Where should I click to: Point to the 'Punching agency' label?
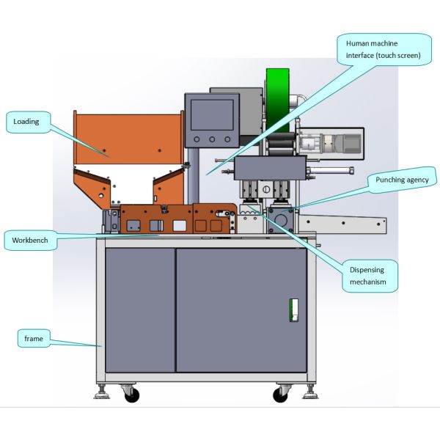tap(403, 179)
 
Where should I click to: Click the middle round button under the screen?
tap(212, 139)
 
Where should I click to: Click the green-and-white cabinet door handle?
tap(294, 309)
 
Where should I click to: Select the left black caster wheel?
tap(132, 396)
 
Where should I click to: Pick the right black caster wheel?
tap(280, 396)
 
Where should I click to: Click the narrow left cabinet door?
tap(140, 309)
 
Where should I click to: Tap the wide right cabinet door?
tap(241, 309)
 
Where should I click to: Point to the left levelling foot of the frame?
tap(102, 396)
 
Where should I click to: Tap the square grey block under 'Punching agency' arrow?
tap(282, 220)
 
